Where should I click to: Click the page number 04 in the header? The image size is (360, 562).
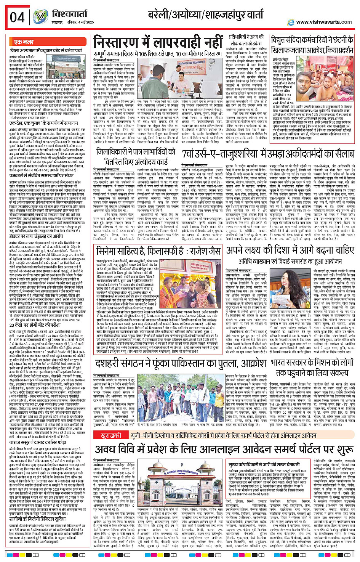(x=17, y=17)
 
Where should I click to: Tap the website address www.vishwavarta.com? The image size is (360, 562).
(x=324, y=22)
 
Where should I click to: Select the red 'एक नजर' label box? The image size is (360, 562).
(x=24, y=42)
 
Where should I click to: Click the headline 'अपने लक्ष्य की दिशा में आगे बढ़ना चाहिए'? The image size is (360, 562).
(x=290, y=250)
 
